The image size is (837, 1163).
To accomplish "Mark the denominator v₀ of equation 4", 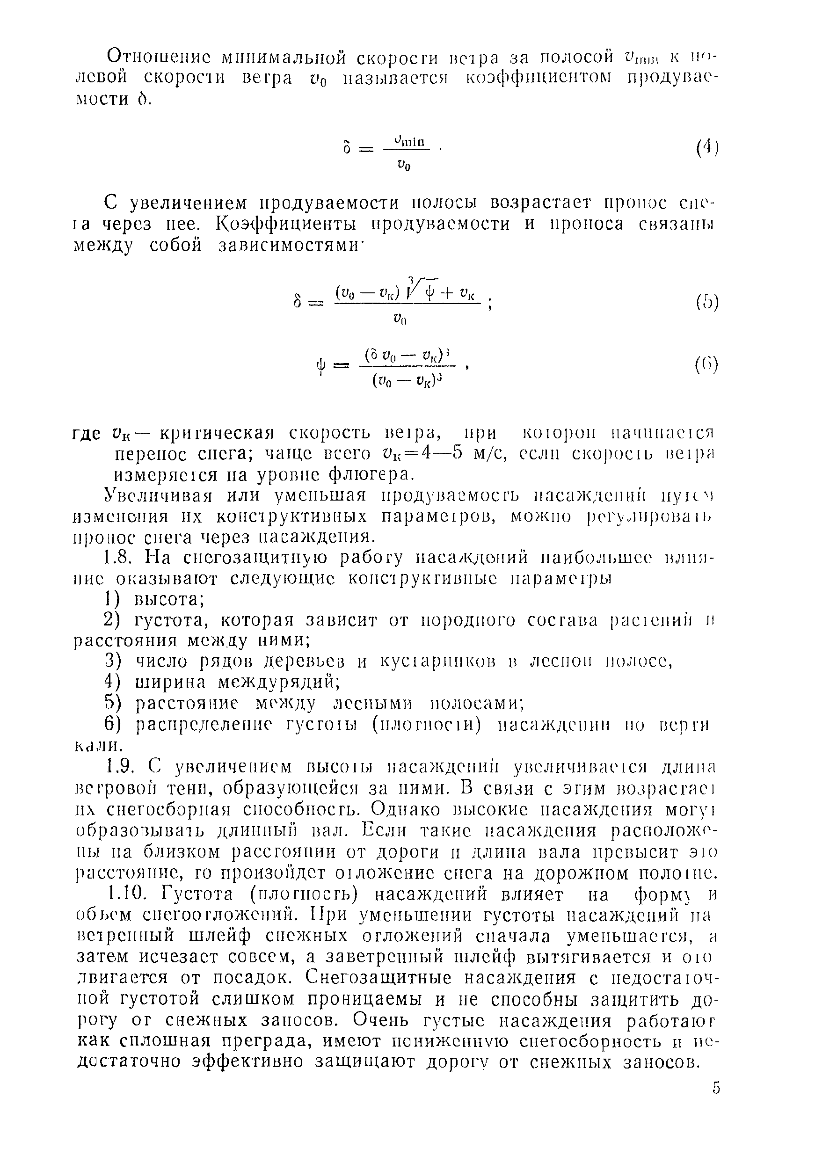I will [x=404, y=165].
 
